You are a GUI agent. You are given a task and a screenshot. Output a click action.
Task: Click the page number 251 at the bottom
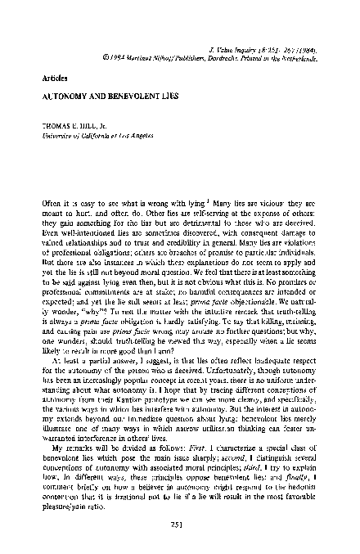coord(179,524)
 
